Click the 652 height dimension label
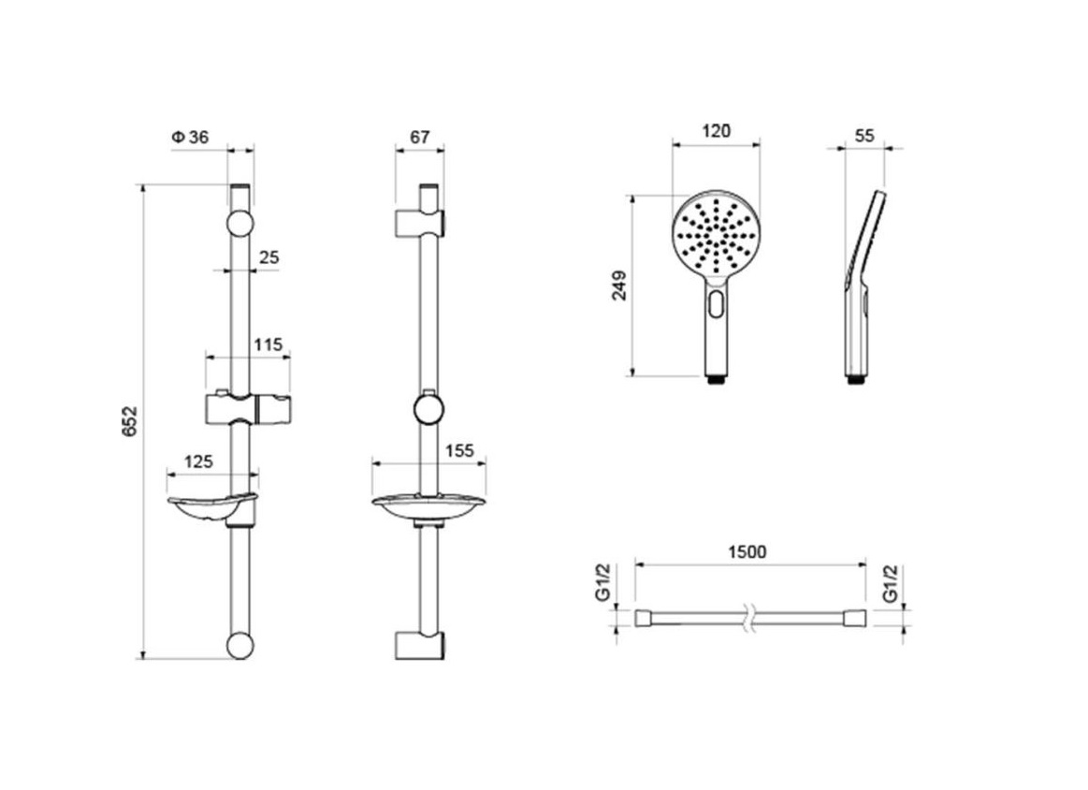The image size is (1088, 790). pos(130,421)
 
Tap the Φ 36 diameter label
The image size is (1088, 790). pos(190,138)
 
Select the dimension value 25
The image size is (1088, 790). pos(268,257)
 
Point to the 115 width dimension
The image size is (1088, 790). pos(268,345)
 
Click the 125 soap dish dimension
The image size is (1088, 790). pos(198,461)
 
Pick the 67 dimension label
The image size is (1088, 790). pos(420,138)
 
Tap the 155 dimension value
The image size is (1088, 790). pos(459,451)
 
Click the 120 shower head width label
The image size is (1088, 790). pos(716,130)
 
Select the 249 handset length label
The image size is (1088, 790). pos(619,285)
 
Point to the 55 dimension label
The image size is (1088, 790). pos(864,136)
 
